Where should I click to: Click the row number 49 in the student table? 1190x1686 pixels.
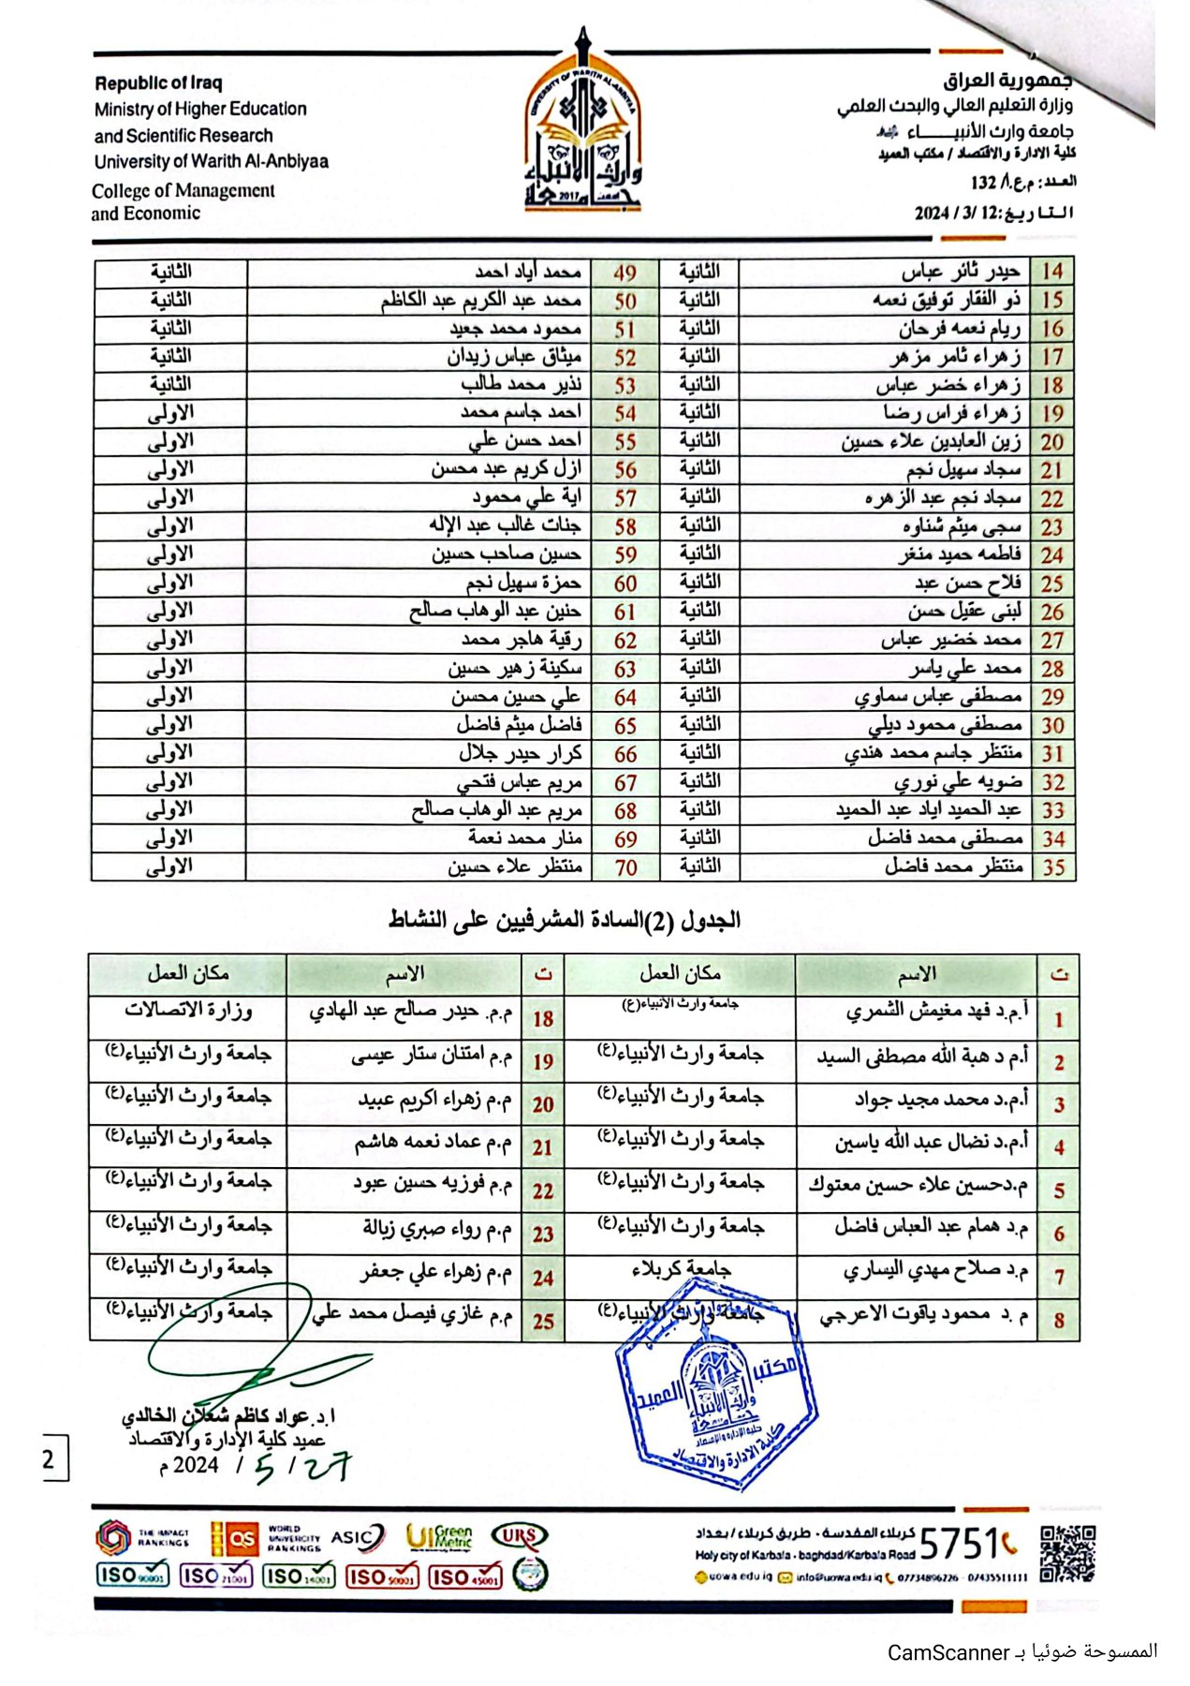coord(624,273)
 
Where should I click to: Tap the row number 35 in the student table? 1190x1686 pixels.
coord(1053,867)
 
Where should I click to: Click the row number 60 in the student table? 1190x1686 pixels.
coord(624,584)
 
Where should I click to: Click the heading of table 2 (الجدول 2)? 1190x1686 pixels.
coord(565,921)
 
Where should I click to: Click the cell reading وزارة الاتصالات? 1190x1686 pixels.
coord(188,1011)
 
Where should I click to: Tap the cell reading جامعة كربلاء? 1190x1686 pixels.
coord(681,1270)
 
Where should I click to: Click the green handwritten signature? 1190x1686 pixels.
coord(243,1349)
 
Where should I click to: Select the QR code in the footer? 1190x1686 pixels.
coord(1067,1553)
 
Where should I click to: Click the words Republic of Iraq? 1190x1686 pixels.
coord(158,83)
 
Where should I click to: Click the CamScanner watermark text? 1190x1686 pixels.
coord(1021,1652)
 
